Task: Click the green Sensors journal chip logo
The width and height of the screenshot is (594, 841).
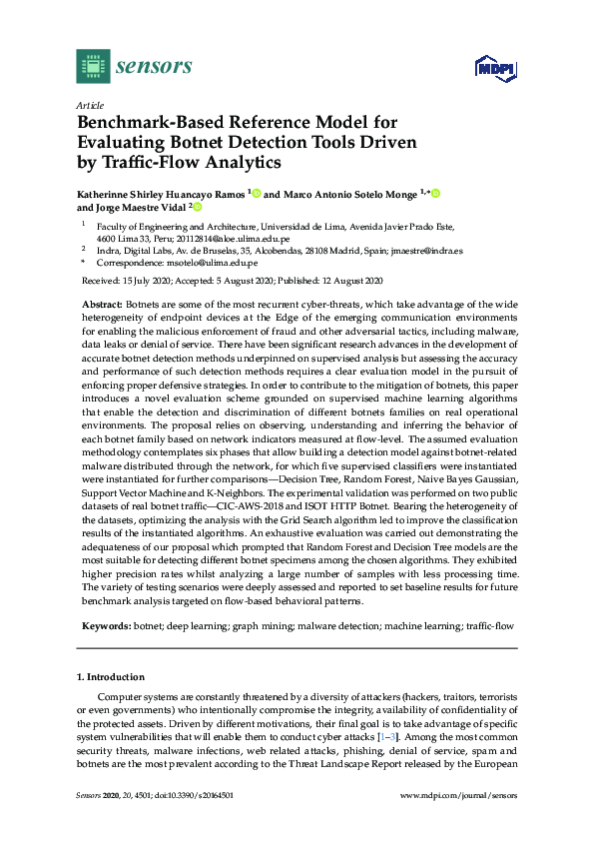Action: [92, 66]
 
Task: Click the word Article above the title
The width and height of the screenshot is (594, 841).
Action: [88, 104]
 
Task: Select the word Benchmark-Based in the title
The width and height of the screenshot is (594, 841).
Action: [149, 123]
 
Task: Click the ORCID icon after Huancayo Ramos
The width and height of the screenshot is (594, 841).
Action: [257, 193]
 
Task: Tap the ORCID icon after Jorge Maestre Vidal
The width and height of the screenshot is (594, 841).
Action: [197, 208]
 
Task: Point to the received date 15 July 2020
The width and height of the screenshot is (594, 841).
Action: [142, 281]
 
